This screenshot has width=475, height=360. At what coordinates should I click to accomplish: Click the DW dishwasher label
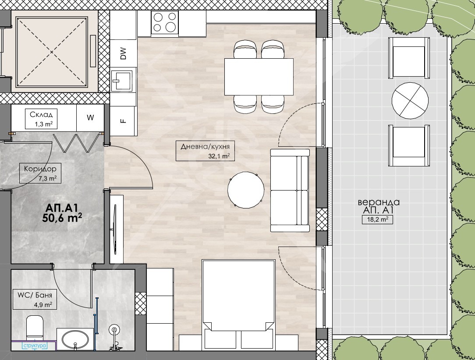pos(123,53)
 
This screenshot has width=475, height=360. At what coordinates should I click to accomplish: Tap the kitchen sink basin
pos(122,81)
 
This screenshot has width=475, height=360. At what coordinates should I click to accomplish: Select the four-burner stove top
pos(165,22)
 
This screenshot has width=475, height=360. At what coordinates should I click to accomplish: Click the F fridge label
pos(123,121)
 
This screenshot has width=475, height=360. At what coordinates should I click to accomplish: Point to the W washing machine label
pos(90,117)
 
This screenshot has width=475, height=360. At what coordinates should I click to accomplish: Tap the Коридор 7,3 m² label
pos(40,173)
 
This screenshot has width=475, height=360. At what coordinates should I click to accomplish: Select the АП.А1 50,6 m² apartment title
pos(62,213)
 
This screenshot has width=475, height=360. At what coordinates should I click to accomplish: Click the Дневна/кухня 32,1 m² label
pos(206,151)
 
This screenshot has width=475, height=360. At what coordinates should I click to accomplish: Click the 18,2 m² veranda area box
pos(377,219)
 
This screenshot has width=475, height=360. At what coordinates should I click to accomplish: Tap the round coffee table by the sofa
pos(246,190)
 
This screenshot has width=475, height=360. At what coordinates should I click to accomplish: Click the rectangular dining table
pos(259,77)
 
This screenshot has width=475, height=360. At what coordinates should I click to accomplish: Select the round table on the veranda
pos(410,101)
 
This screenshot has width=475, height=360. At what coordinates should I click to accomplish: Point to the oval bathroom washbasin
pos(75,340)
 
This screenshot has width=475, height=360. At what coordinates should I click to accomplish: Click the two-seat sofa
pos(290,191)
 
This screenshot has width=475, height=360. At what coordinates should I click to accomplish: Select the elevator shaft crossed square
pos(52,52)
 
